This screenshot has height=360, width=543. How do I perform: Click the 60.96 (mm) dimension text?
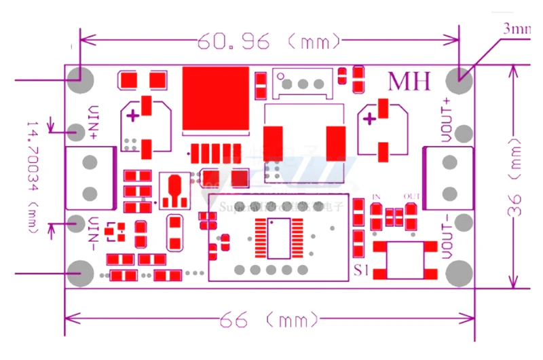tap(267, 42)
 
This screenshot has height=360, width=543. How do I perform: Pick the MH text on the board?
tap(409, 81)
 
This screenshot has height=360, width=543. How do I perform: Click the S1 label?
tap(362, 270)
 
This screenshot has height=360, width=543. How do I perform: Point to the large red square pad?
tap(215, 98)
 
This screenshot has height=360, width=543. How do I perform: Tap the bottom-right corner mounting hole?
tap(460, 273)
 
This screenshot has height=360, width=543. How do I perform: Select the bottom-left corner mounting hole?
tap(80, 273)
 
